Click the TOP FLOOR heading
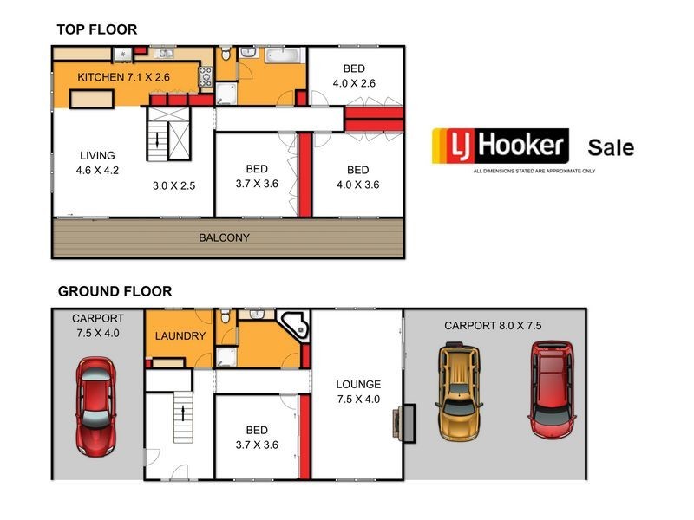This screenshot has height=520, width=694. point(97,29)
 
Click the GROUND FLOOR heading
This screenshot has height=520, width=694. point(115,291)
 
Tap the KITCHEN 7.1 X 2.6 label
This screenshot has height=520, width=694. point(123,78)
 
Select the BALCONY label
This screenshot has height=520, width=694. point(224,237)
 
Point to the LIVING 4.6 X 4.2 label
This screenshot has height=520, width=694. point(96,163)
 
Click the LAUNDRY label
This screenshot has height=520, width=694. point(180,336)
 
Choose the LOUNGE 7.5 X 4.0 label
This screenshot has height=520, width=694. point(358,391)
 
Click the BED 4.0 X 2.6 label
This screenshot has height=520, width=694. point(353,76)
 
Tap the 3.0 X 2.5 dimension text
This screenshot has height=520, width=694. point(174,185)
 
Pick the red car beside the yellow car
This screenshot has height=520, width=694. point(552,387)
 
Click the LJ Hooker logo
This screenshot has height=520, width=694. point(500,146)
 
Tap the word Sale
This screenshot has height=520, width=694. point(611,147)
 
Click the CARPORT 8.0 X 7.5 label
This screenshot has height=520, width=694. point(493,327)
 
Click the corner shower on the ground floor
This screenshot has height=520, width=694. point(297,325)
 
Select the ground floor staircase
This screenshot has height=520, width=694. point(182,415)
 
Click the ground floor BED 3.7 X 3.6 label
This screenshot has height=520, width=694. point(257,437)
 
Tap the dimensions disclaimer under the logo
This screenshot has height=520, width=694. point(534,171)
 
